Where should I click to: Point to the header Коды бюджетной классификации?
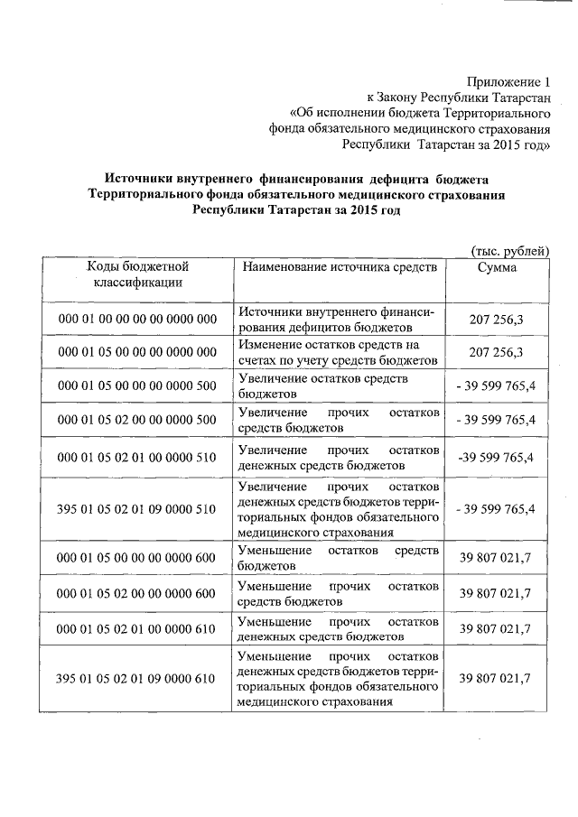pyautogui.click(x=136, y=274)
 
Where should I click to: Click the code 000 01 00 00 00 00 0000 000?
pyautogui.click(x=136, y=319)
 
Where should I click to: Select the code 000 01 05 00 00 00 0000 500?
pyautogui.click(x=136, y=387)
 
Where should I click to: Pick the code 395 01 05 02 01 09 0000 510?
pyautogui.click(x=136, y=509)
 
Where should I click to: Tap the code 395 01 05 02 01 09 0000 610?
pyautogui.click(x=136, y=678)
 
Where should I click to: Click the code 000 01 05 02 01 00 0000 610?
pyautogui.click(x=136, y=628)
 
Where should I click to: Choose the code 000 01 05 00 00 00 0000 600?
pyautogui.click(x=136, y=558)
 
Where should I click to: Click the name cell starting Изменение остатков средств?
pyautogui.click(x=338, y=352)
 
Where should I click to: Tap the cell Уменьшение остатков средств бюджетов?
pyautogui.click(x=339, y=558)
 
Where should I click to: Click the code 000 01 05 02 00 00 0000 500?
pyautogui.click(x=136, y=421)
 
